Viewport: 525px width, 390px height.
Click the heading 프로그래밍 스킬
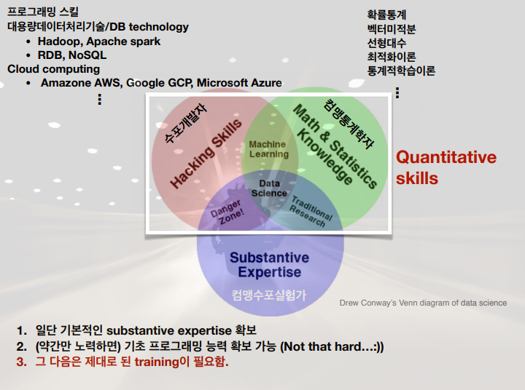43,12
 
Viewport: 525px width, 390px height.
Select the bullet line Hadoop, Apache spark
99,41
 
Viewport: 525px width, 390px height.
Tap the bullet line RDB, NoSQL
72,55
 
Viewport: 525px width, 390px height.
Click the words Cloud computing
53,69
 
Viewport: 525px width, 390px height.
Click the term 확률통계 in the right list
386,15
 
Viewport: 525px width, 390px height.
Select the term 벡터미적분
392,29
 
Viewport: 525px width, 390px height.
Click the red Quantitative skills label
446,167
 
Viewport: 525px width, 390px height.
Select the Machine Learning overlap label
268,149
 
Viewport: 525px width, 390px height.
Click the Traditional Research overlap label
311,210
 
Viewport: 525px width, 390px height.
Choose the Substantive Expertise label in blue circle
269,265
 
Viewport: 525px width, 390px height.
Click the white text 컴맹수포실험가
269,295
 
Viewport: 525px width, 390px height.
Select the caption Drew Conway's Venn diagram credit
423,303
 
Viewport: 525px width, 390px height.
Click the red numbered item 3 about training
122,362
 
